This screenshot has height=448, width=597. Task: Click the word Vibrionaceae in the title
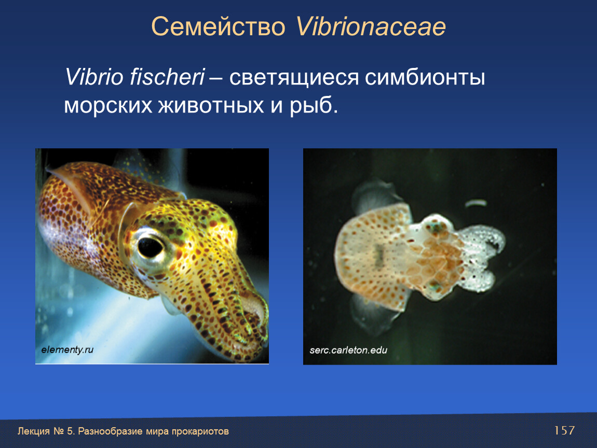371,26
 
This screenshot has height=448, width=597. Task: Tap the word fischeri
167,77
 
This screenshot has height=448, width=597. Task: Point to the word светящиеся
293,78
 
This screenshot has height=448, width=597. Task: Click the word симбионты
425,78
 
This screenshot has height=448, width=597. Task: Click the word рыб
314,106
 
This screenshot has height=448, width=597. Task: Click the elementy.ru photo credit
67,350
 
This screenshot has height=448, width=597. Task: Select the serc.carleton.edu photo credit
348,351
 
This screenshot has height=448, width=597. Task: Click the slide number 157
564,430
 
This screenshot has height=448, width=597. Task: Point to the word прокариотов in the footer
200,431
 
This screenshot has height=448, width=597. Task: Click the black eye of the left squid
150,247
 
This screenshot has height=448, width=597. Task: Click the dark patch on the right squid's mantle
379,255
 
